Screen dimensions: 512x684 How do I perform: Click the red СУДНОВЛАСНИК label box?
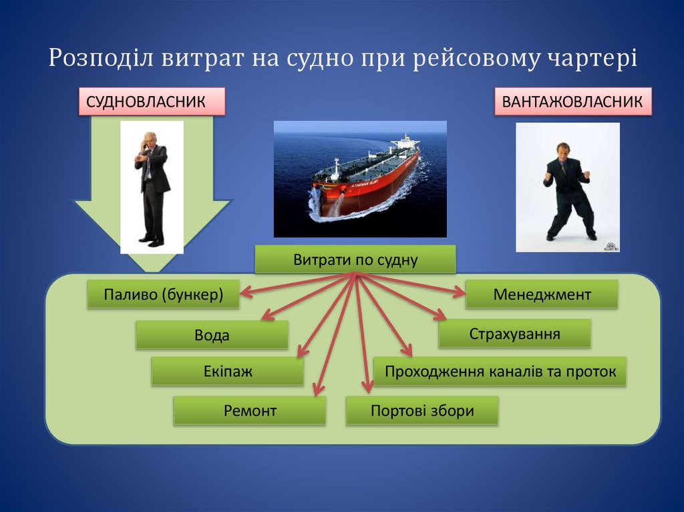coord(152,102)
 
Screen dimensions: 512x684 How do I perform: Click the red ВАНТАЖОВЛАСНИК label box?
coord(572,102)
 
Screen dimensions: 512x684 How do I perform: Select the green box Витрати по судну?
coord(355,260)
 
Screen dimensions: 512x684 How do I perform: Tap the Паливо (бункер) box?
coord(163,294)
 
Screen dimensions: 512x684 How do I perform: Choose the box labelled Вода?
coord(212,335)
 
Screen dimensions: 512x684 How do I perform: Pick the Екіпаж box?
coord(227,371)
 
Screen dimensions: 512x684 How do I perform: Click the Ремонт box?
coord(249,411)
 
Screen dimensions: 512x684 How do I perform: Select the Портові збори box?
coord(422,411)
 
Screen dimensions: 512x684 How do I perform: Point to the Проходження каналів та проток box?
coord(500,371)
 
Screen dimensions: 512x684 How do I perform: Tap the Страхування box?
coord(514,333)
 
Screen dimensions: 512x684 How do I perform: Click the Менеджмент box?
coord(542,294)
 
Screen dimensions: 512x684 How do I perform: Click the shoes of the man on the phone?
coord(150,242)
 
